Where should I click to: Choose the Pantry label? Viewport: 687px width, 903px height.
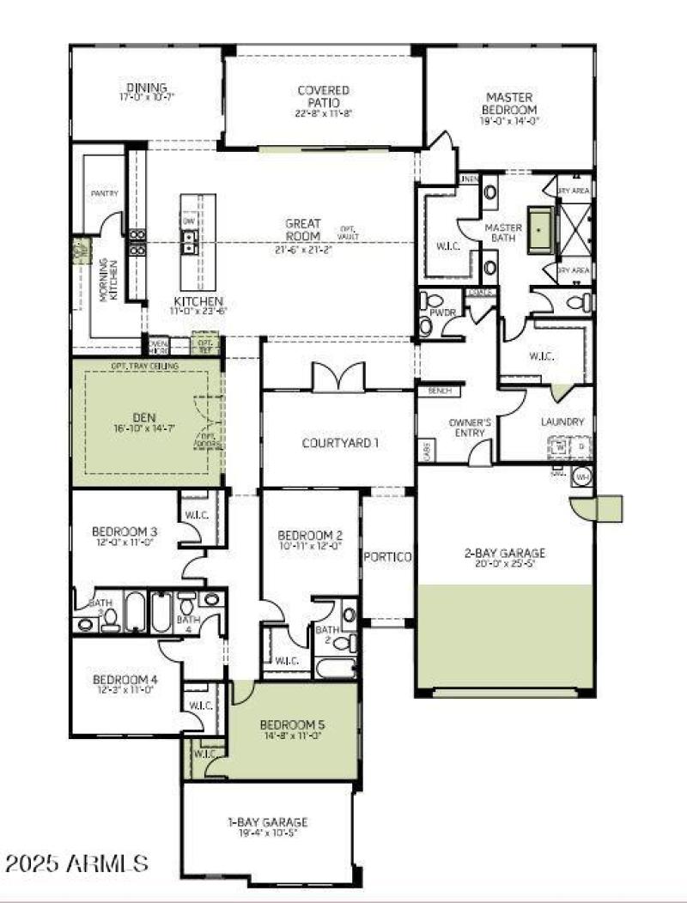tap(104, 194)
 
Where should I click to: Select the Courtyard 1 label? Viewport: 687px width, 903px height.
tap(340, 443)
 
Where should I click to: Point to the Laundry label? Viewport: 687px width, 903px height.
tap(562, 421)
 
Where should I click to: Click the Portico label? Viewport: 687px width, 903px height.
tap(388, 557)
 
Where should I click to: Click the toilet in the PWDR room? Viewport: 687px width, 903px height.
tap(427, 324)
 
